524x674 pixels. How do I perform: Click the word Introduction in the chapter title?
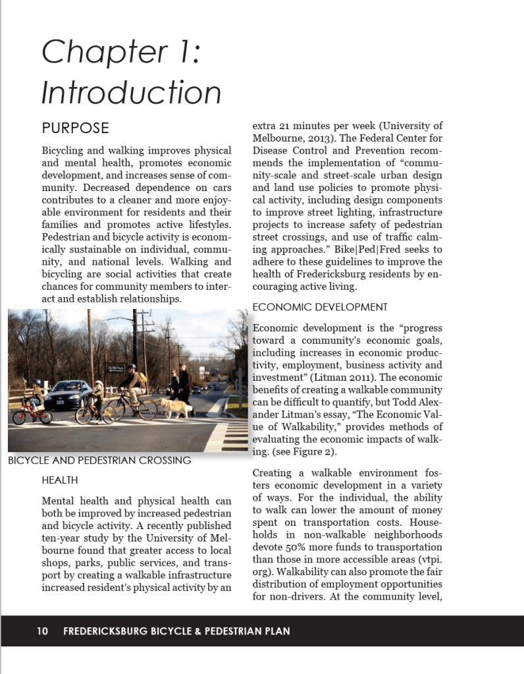(x=131, y=92)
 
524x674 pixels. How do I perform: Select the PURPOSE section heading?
(x=75, y=128)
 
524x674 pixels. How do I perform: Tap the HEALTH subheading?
(x=59, y=480)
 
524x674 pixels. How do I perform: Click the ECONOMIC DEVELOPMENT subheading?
(x=320, y=307)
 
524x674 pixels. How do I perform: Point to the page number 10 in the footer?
(x=42, y=631)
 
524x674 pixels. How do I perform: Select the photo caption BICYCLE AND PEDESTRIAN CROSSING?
(x=99, y=460)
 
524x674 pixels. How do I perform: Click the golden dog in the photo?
(x=176, y=407)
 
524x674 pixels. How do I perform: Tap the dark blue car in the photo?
(x=66, y=394)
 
